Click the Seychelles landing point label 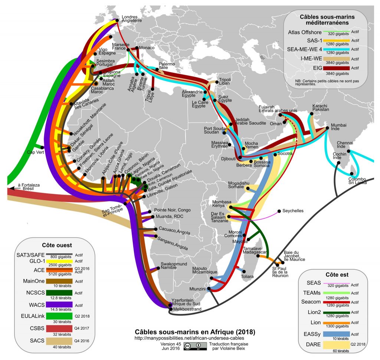coord(293,211)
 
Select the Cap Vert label coord(36,152)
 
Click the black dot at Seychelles coord(279,211)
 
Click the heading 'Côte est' coord(334,275)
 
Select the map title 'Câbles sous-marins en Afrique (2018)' coord(195,331)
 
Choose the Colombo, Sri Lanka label coord(357,181)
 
